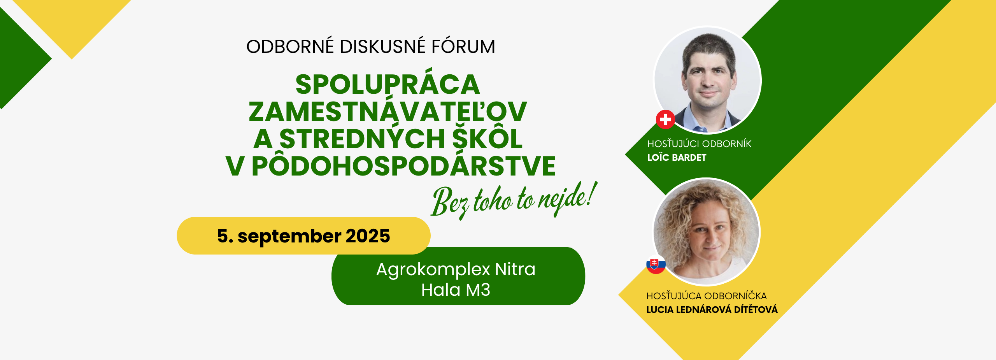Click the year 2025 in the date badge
(368, 236)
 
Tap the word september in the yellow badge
(289, 237)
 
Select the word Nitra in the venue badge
(515, 269)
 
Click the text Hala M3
(456, 290)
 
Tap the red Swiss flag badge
(665, 119)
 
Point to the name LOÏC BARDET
(677, 158)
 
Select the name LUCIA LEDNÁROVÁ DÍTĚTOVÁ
(712, 310)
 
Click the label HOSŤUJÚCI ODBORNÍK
(700, 144)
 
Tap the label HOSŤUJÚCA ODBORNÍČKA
(707, 296)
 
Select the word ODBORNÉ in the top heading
(290, 46)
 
